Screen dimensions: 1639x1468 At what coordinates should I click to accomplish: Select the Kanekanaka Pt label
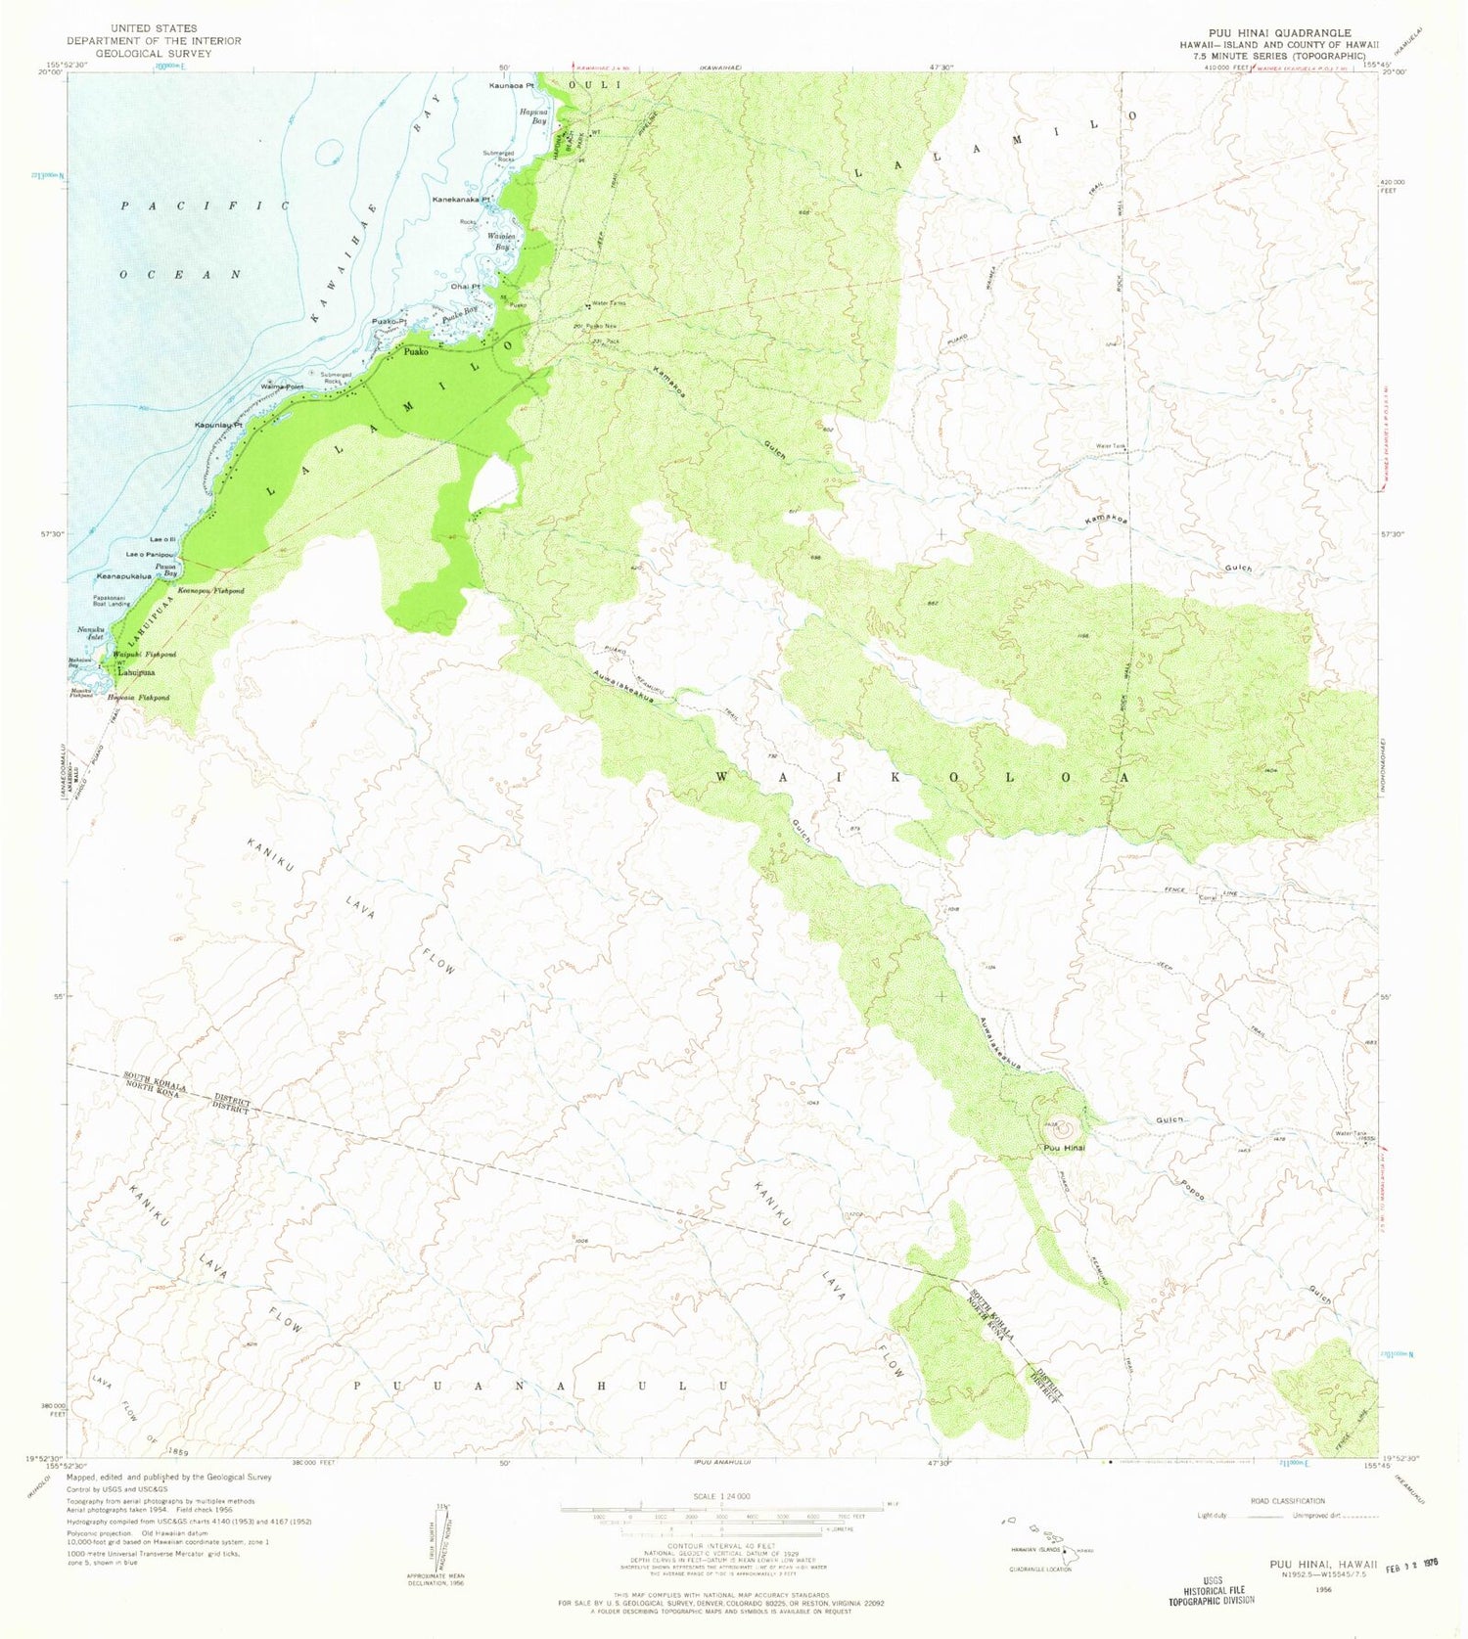(460, 200)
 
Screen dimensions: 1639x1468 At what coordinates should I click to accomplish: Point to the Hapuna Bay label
(532, 115)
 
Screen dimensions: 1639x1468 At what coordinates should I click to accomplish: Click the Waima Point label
(282, 387)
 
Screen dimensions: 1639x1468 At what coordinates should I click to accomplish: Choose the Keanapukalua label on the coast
(123, 575)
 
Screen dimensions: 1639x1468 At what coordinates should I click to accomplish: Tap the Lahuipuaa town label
(136, 672)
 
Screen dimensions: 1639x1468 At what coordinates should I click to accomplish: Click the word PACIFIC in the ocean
(206, 205)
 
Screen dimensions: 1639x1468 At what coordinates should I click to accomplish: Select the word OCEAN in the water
(180, 275)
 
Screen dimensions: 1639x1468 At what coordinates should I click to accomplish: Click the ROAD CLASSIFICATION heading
(1287, 1500)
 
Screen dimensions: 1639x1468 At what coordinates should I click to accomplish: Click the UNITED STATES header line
(154, 28)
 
